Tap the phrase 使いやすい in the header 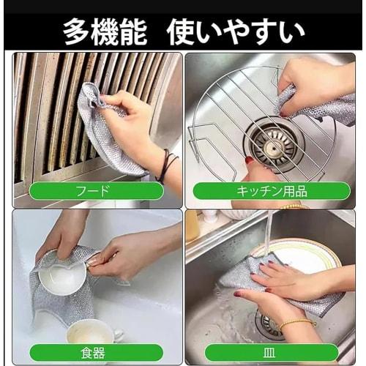[x=235, y=31]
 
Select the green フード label [x=97, y=191]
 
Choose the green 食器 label [x=97, y=353]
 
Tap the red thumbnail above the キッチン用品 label [x=249, y=160]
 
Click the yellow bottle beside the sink [x=192, y=225]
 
